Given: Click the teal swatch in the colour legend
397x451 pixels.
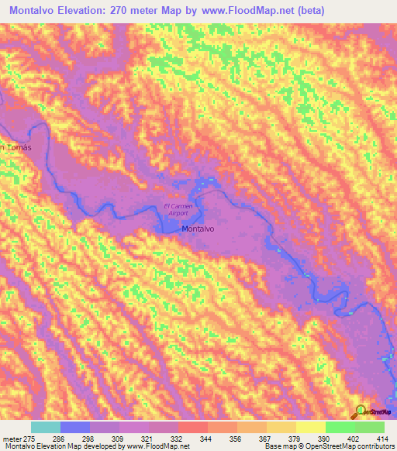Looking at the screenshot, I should pyautogui.click(x=45, y=428).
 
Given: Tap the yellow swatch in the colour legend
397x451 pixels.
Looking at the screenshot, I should pyautogui.click(x=310, y=428).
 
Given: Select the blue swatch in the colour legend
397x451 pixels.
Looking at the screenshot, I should pyautogui.click(x=74, y=428).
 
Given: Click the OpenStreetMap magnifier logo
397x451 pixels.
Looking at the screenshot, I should pyautogui.click(x=360, y=411).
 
